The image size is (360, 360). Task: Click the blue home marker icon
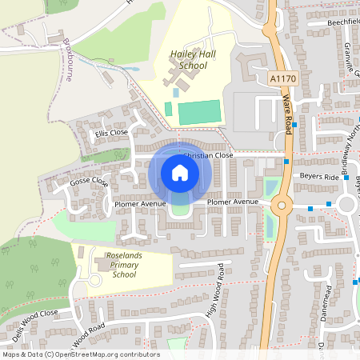click(x=179, y=173)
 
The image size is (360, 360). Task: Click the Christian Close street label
click(x=208, y=155)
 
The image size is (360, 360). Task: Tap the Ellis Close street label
click(x=111, y=133)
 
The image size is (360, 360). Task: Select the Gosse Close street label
click(x=90, y=182)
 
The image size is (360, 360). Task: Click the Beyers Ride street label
click(x=320, y=174)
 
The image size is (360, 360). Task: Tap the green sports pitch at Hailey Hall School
click(x=198, y=112)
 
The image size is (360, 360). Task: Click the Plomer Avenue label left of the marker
click(x=139, y=204)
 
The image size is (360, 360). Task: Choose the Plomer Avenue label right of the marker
click(x=233, y=202)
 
